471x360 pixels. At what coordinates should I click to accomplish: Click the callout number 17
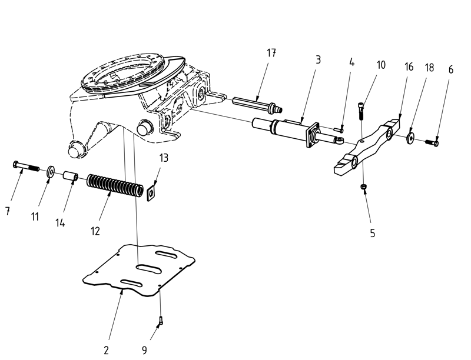[271, 53]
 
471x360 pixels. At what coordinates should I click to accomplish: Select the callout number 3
[318, 60]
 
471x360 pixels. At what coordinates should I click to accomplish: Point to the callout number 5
[372, 233]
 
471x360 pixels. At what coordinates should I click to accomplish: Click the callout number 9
[144, 351]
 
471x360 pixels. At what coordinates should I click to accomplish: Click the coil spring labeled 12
[115, 186]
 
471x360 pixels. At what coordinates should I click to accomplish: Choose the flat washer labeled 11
[51, 171]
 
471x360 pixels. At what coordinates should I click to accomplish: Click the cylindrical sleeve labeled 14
[71, 176]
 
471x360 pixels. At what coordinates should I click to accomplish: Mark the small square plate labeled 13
[151, 192]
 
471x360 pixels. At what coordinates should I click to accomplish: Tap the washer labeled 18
[410, 138]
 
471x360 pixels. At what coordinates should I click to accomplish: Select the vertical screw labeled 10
[361, 109]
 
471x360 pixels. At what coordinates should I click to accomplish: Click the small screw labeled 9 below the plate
[160, 321]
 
